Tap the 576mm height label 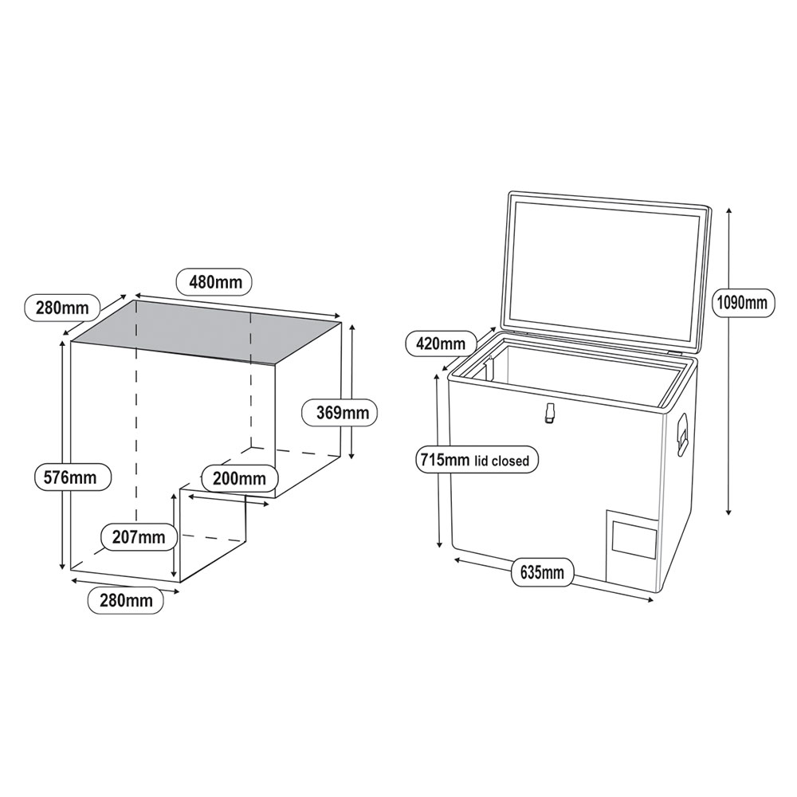(71, 477)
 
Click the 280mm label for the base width (126, 600)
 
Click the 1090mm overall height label (741, 302)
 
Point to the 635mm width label (541, 572)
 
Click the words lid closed (504, 461)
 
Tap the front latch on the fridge (549, 412)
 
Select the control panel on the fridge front (633, 540)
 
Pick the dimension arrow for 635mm (606, 589)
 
